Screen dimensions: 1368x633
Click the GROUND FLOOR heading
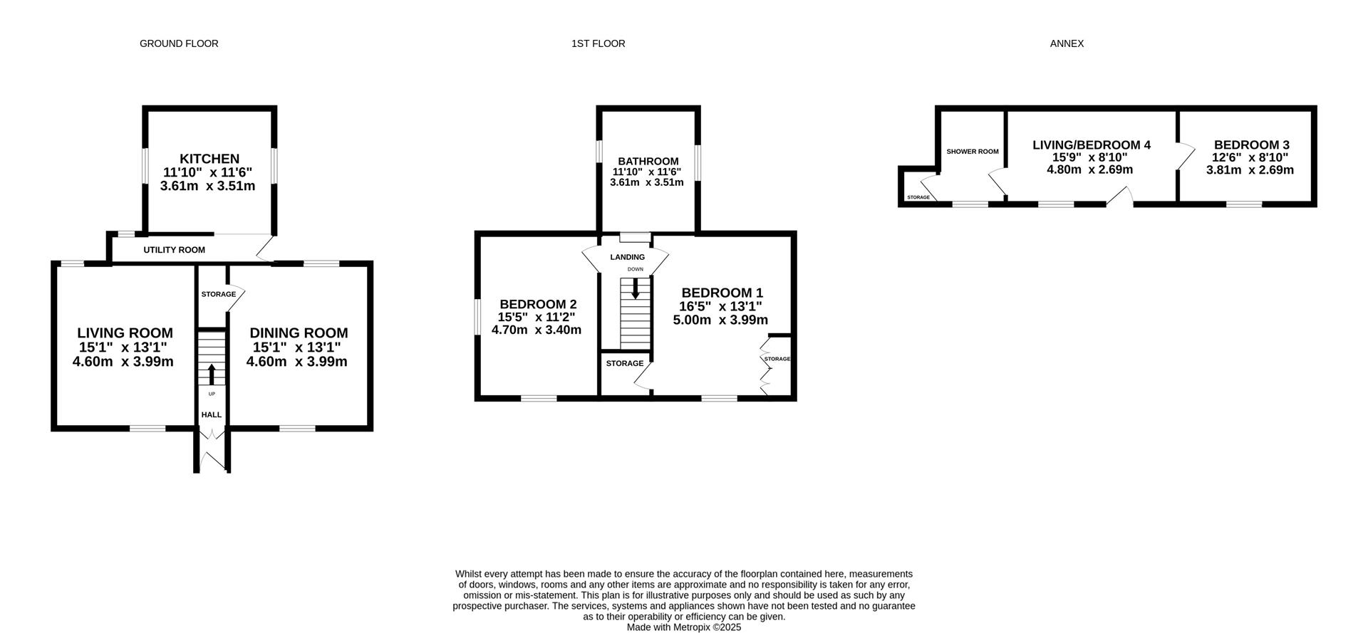(x=179, y=43)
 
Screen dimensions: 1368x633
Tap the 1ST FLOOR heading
(x=598, y=43)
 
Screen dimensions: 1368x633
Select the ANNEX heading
(x=1067, y=43)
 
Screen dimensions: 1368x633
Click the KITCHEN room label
(x=209, y=159)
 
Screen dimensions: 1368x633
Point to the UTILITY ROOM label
(x=175, y=250)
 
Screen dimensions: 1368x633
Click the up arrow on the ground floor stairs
(x=212, y=374)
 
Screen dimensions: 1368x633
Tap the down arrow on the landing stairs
(x=636, y=288)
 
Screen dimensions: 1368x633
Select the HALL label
(x=212, y=415)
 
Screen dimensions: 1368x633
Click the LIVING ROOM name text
(x=125, y=333)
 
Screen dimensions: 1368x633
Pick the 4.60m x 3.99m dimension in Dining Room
(x=297, y=362)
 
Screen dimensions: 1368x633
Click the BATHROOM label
(x=648, y=162)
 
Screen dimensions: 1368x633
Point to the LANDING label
(x=628, y=257)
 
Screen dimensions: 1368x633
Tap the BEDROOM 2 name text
(x=538, y=303)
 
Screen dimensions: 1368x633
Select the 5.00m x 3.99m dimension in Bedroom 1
(x=721, y=320)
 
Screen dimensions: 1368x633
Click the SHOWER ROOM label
(x=973, y=152)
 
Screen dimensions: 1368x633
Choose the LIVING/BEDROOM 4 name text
(x=1092, y=145)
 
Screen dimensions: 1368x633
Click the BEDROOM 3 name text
(x=1252, y=145)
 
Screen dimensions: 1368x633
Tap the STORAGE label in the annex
(x=918, y=197)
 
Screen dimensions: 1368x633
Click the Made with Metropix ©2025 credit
(x=684, y=627)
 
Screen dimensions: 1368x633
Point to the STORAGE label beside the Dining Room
(x=218, y=294)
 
